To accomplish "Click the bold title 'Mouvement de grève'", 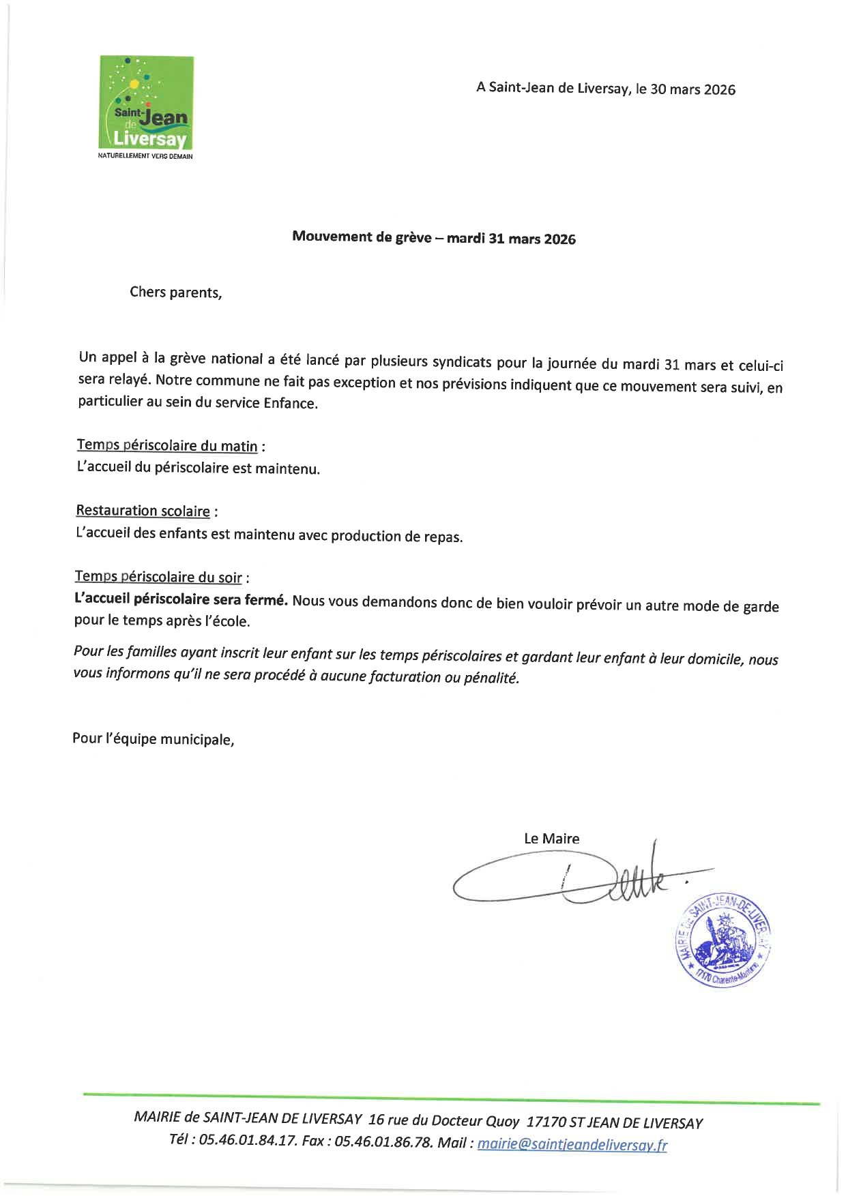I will click(x=362, y=237).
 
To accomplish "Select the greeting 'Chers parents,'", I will click(x=176, y=293).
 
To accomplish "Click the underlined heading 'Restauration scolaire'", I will click(x=143, y=511).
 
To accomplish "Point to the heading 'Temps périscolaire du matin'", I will click(x=167, y=446).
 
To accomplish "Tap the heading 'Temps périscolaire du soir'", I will click(x=158, y=577).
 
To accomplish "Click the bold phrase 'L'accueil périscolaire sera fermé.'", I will click(x=181, y=600).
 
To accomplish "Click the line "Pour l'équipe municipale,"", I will click(x=154, y=738).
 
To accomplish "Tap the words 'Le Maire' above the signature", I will click(x=551, y=839).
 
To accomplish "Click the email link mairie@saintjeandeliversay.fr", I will click(x=572, y=1144).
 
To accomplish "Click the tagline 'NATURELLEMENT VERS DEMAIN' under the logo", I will click(x=145, y=156).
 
